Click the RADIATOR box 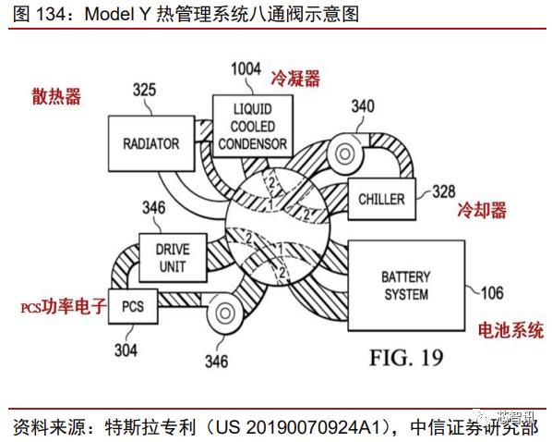coord(150,143)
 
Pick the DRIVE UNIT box coord(171,258)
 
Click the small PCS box coord(133,304)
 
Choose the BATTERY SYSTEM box coord(405,285)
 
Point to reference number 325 coord(145,91)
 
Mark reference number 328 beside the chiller coord(444,191)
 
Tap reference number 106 coord(491,294)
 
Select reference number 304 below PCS coord(126,350)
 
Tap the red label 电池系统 coord(510,330)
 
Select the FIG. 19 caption coord(406,356)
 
